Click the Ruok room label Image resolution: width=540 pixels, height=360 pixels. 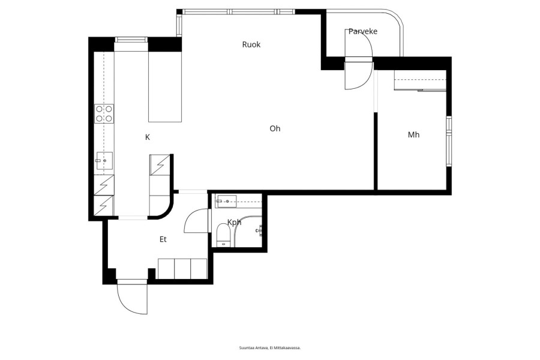click(251, 44)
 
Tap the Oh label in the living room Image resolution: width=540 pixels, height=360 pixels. click(275, 128)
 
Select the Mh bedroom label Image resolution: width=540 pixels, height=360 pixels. click(413, 134)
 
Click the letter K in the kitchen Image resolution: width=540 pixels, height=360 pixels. click(148, 137)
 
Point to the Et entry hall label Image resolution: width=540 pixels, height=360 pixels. click(163, 239)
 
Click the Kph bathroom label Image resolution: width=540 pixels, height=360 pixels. click(234, 222)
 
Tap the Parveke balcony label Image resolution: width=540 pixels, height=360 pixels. click(363, 31)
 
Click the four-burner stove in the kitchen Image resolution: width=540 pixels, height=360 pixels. click(104, 113)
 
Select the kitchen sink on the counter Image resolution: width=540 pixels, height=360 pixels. click(104, 161)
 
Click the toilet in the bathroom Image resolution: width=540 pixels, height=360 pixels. click(224, 235)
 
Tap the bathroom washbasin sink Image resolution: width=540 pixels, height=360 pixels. click(226, 201)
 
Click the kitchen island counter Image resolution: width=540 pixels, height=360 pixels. click(165, 86)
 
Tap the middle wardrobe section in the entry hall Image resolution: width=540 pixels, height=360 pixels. click(182, 269)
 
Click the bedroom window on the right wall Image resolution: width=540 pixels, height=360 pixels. click(449, 142)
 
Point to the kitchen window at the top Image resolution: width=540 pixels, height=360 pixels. click(131, 40)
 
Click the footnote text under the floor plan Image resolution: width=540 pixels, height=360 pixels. click(270, 348)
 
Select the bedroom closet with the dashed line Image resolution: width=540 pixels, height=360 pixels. click(420, 80)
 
